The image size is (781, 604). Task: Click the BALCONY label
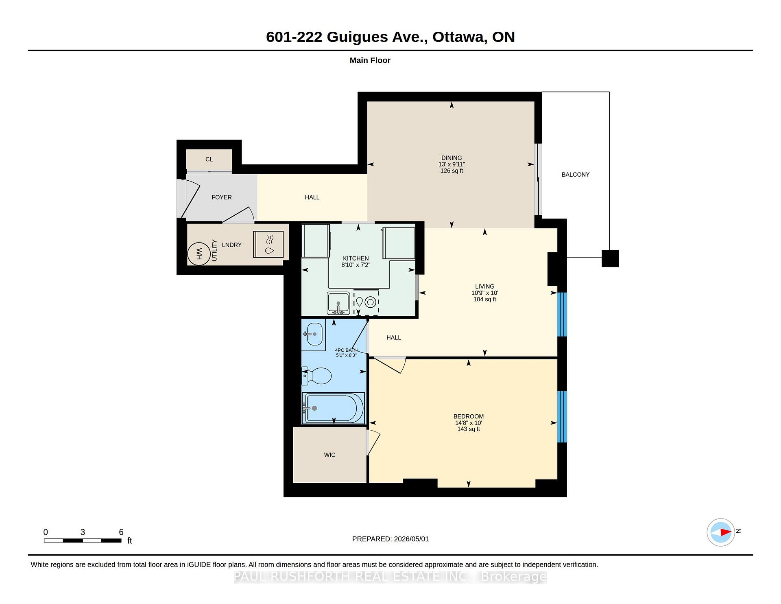pos(575,175)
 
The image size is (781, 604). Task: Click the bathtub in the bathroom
pos(333,408)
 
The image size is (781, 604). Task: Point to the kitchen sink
pos(338,303)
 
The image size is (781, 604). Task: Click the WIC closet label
pos(329,455)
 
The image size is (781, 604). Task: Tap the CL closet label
pos(209,159)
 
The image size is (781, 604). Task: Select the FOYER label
pos(222,197)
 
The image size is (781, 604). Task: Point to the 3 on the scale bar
pos(83,532)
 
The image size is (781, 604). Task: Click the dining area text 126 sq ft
pos(452,171)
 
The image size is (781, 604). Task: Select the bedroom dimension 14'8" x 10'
pos(469,423)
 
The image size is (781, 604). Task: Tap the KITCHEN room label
pos(356,258)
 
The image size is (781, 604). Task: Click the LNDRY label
pos(232,245)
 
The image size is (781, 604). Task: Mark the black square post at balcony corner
pos(610,258)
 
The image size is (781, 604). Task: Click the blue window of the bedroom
pos(562,416)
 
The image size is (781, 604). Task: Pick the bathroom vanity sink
pos(314,334)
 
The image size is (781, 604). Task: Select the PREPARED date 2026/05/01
pos(411,539)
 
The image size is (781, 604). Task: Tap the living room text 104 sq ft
pos(484,299)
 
